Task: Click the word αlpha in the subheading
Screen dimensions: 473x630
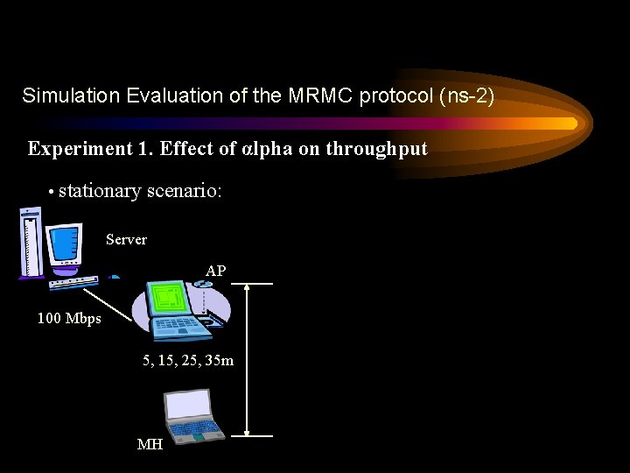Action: click(x=266, y=149)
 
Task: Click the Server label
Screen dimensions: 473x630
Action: click(x=126, y=239)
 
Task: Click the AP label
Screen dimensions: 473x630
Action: click(x=215, y=272)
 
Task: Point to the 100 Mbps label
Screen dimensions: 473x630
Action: click(x=69, y=319)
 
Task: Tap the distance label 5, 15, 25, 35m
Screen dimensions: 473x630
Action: click(x=188, y=360)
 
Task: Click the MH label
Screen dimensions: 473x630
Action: click(x=150, y=445)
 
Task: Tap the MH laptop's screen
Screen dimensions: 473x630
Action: click(x=188, y=406)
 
